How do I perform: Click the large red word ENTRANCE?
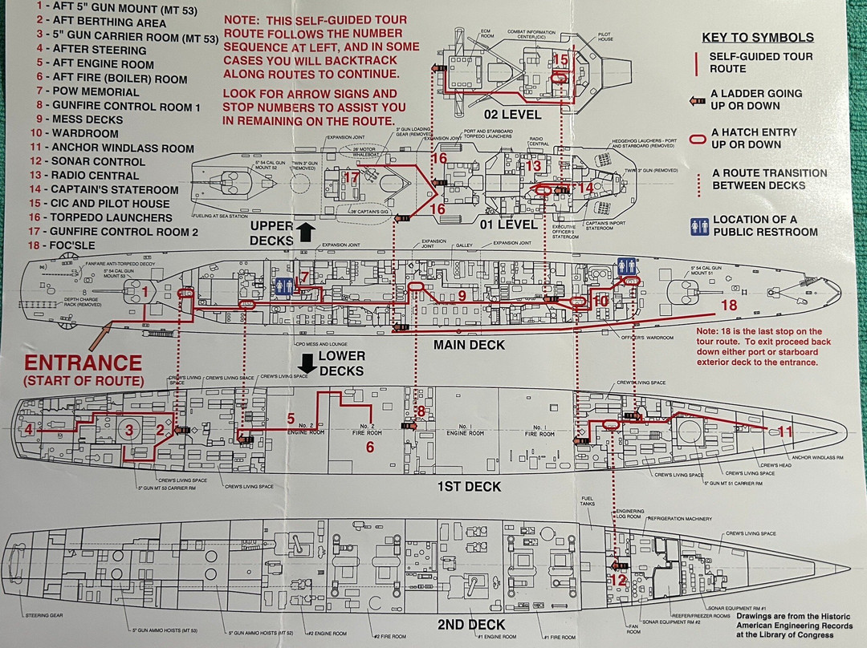coord(83,362)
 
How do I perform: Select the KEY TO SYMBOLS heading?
coord(758,37)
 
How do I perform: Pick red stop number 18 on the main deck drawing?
coord(728,305)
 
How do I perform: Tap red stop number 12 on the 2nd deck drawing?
coord(617,580)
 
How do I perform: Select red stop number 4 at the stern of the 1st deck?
coord(29,429)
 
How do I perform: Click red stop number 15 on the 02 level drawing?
coord(560,59)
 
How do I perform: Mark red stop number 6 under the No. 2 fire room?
coord(370,447)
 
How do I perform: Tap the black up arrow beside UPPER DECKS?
coord(305,233)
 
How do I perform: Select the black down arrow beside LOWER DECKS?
coord(305,362)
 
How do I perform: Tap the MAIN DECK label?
coord(469,345)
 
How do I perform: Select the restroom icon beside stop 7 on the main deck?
coord(281,287)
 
